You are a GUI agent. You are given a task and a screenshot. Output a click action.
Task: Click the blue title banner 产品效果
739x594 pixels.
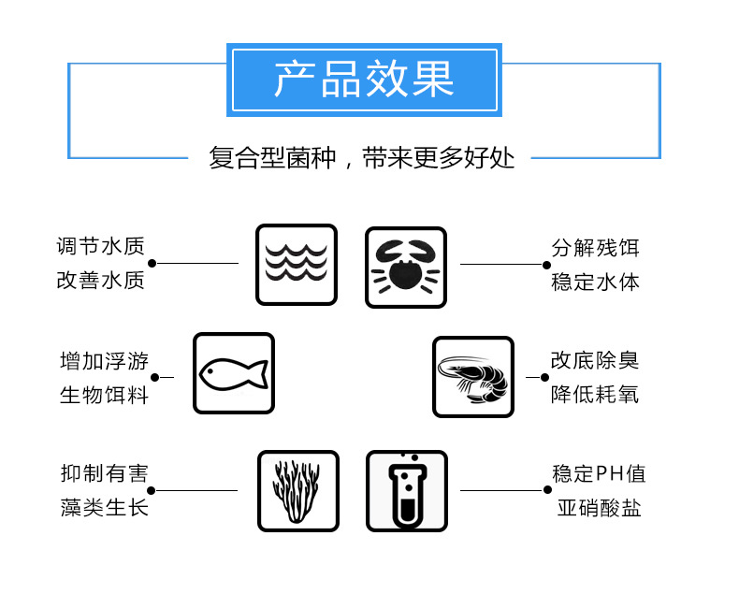coord(364,80)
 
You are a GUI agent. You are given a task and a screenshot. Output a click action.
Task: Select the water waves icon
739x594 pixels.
coord(297,265)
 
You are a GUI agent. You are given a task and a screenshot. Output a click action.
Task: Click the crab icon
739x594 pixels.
coord(405,267)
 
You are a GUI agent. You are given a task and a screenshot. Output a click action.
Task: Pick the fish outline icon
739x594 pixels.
coord(233,374)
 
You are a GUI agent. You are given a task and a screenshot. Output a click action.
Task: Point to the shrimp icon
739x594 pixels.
coord(472,377)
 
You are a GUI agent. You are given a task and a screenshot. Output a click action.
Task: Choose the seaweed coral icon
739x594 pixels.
coord(297,490)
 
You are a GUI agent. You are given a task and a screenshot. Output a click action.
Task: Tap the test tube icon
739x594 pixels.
coord(406,490)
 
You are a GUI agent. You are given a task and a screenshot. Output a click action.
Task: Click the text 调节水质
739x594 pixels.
coord(100,247)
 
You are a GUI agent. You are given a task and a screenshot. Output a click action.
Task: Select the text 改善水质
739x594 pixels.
coord(100,280)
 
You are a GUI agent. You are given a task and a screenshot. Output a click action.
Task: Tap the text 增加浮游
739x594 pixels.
coord(104,361)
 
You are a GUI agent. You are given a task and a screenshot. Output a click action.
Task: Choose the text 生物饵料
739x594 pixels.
coord(104,394)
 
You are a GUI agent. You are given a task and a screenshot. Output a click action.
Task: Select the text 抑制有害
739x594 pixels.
coord(104,474)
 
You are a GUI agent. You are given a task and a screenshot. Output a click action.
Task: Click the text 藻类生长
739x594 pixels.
coord(104,507)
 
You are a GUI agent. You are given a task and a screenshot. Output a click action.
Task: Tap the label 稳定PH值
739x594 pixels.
coord(599,474)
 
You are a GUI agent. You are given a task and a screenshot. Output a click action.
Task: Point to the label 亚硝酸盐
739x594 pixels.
coord(599,508)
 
